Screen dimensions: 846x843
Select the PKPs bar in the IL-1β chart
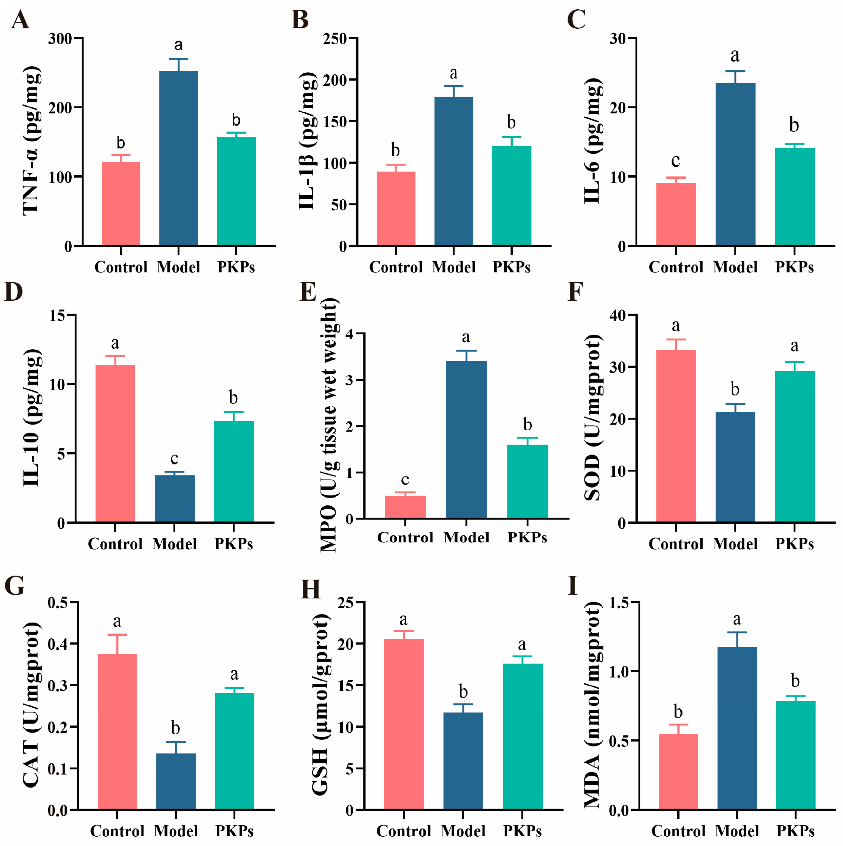(x=512, y=195)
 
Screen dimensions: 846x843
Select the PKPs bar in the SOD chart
(x=794, y=446)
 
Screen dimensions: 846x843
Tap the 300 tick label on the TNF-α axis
(x=60, y=39)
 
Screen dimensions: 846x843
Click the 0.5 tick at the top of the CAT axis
(x=57, y=603)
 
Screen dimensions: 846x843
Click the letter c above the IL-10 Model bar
(x=174, y=458)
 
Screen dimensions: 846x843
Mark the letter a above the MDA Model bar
(x=737, y=619)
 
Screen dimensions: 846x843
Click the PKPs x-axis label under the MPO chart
(x=527, y=537)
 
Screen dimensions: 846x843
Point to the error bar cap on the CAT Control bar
(x=117, y=635)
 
